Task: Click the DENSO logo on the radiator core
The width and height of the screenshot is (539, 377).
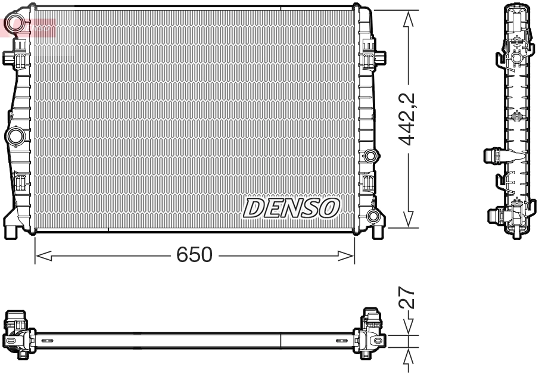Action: point(291,208)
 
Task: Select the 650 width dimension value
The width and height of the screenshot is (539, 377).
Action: point(194,255)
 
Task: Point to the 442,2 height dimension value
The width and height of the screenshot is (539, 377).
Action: point(407,119)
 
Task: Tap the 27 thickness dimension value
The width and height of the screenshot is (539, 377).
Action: point(407,297)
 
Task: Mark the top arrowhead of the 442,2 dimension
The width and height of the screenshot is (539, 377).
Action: point(408,19)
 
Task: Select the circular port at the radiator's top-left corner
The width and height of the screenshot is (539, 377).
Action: point(14,24)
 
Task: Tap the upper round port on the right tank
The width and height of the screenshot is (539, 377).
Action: point(371,157)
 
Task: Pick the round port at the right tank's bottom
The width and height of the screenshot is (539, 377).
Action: point(373,216)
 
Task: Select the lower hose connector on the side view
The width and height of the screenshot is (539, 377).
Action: point(495,214)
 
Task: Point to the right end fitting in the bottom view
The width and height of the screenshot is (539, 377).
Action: point(370,334)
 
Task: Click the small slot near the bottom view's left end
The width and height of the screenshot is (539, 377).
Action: point(48,341)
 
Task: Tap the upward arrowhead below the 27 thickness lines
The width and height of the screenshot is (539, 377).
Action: point(408,356)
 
